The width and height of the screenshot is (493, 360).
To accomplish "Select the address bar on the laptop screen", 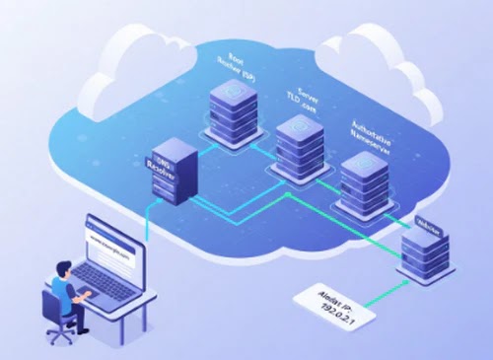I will click(x=110, y=240).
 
